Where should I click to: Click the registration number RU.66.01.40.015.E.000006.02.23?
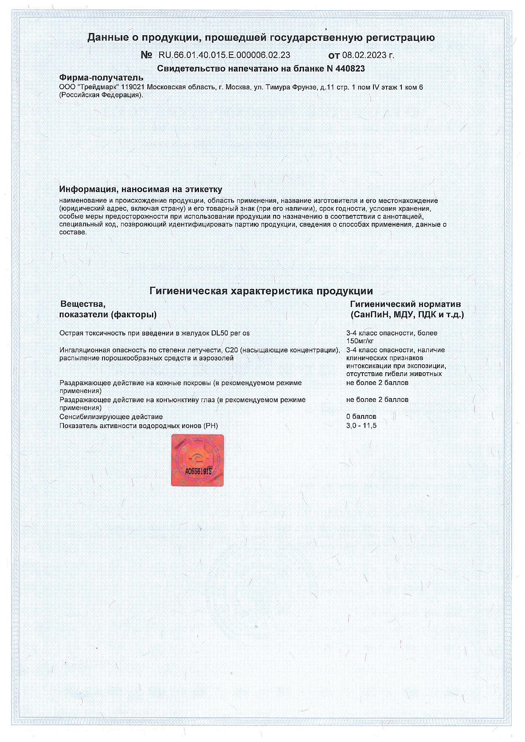[x=224, y=55]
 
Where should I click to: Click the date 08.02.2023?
[x=362, y=55]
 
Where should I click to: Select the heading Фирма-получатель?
[x=101, y=78]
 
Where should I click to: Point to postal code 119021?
[x=133, y=87]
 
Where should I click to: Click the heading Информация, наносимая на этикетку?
[x=141, y=189]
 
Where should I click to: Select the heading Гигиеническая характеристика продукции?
[x=261, y=291]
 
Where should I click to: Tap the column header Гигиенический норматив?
[x=405, y=304]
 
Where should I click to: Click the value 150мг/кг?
[x=360, y=341]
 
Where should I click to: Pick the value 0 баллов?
[x=361, y=417]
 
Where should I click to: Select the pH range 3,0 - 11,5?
[x=361, y=426]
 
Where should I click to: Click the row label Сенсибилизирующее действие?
[x=111, y=417]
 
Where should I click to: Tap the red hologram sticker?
[x=197, y=459]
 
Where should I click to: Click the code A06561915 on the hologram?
[x=198, y=471]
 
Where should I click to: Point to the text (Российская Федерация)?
[x=101, y=95]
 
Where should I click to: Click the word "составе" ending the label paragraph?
[x=72, y=232]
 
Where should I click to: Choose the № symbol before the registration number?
[x=146, y=55]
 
